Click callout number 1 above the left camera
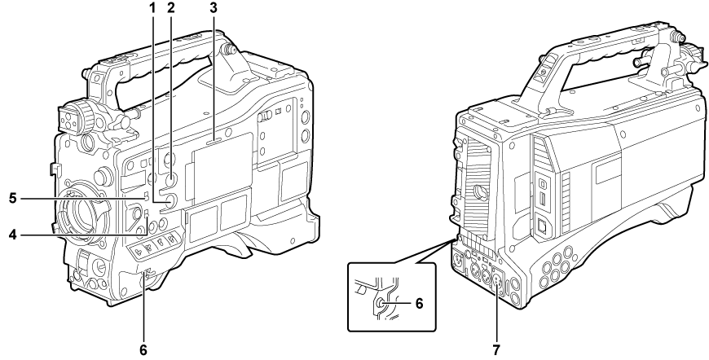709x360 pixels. pyautogui.click(x=152, y=8)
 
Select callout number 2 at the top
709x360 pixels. pyautogui.click(x=170, y=8)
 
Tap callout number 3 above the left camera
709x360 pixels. pyautogui.click(x=214, y=8)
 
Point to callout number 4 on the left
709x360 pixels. pyautogui.click(x=14, y=235)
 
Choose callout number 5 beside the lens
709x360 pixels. pyautogui.click(x=14, y=198)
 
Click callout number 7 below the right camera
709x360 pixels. pyautogui.click(x=496, y=350)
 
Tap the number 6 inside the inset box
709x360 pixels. pyautogui.click(x=419, y=304)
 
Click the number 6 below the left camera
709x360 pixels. pyautogui.click(x=143, y=350)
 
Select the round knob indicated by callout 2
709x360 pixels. pyautogui.click(x=171, y=180)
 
